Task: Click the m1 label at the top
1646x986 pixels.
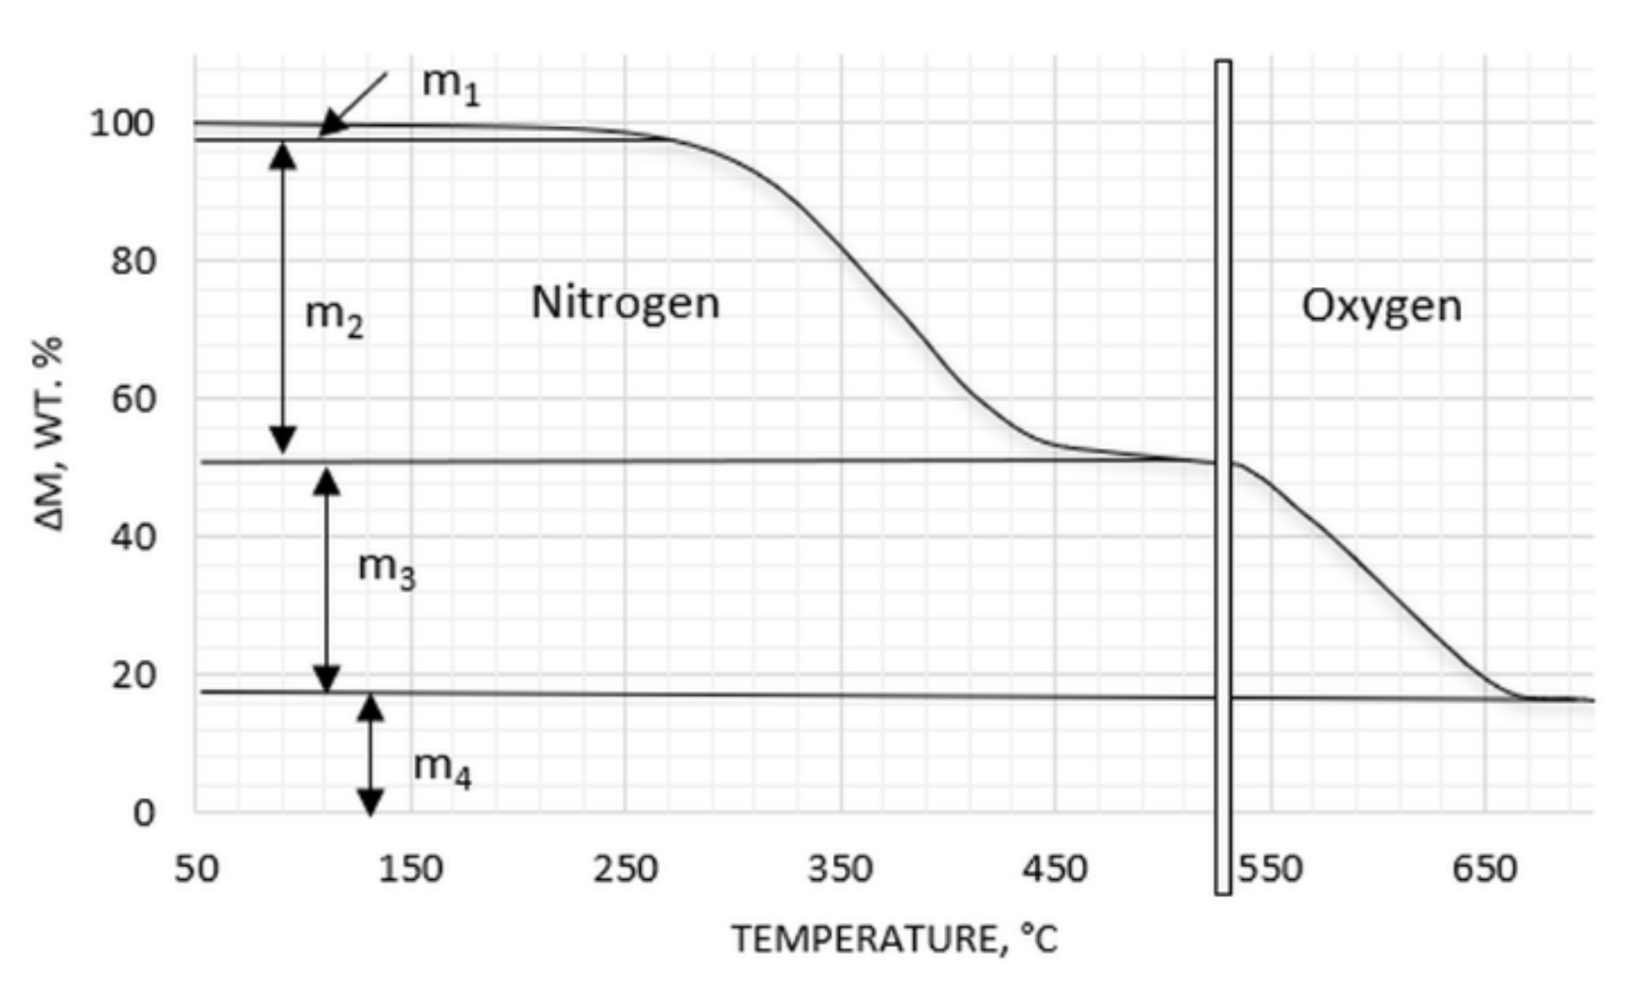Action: point(450,86)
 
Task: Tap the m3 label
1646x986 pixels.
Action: point(386,569)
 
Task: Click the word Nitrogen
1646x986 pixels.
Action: point(625,304)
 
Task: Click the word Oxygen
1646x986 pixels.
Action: point(1381,306)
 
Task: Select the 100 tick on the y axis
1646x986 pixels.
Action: point(122,124)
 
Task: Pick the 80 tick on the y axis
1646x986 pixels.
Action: point(133,261)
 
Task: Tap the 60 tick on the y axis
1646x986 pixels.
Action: point(133,399)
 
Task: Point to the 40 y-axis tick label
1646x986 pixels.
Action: point(133,538)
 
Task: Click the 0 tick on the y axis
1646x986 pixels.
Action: point(143,814)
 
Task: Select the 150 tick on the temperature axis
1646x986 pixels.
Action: point(410,869)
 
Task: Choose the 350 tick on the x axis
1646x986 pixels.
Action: point(840,869)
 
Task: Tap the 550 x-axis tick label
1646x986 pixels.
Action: point(1270,869)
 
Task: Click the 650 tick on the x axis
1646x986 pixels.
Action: point(1484,869)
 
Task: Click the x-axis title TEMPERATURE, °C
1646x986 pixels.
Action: point(895,940)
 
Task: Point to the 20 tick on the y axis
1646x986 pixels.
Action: point(133,676)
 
